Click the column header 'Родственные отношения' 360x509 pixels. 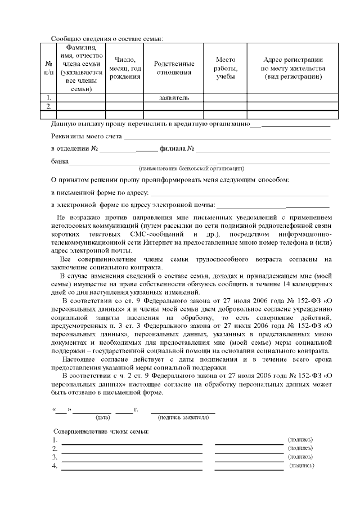pyautogui.click(x=174, y=68)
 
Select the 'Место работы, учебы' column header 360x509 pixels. pyautogui.click(x=225, y=68)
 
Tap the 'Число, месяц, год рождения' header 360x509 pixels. pyautogui.click(x=125, y=68)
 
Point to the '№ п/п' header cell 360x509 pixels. pyautogui.click(x=49, y=68)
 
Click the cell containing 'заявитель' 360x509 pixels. pyautogui.click(x=174, y=98)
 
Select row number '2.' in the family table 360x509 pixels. pyautogui.click(x=49, y=106)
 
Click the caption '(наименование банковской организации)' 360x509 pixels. pyautogui.click(x=191, y=168)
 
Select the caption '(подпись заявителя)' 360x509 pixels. pyautogui.click(x=183, y=418)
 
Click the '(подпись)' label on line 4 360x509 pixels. pyautogui.click(x=301, y=466)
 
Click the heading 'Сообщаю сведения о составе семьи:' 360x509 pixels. pyautogui.click(x=107, y=38)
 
